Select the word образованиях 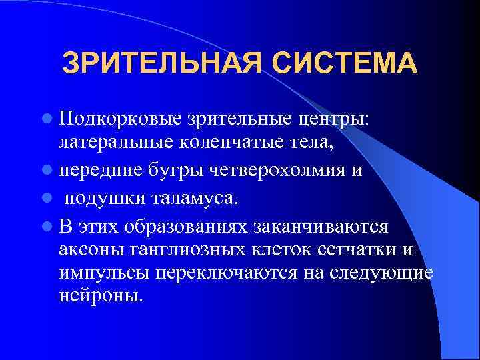tap(185, 225)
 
